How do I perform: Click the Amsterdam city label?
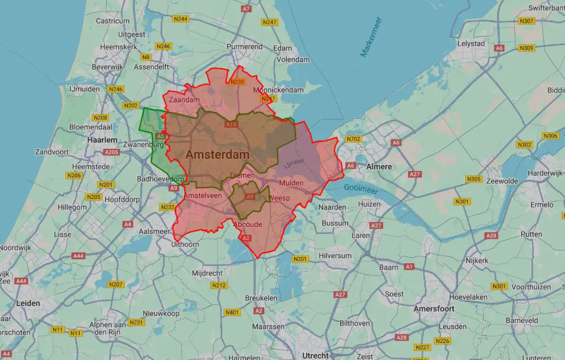point(217,154)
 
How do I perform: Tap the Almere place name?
point(379,166)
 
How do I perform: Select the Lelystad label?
point(471,44)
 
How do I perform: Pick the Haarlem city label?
point(102,140)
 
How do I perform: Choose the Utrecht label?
point(315,356)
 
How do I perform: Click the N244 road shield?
point(180,19)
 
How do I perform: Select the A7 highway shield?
point(246,9)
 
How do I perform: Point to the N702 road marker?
point(353,139)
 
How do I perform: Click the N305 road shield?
point(474,179)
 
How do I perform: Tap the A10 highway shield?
point(231,124)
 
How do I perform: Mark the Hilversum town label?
point(335,256)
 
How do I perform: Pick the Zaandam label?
point(184,100)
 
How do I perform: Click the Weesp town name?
point(281,197)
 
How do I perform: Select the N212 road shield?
point(219,285)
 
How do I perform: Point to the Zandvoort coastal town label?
point(52,152)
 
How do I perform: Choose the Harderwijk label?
point(544,174)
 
